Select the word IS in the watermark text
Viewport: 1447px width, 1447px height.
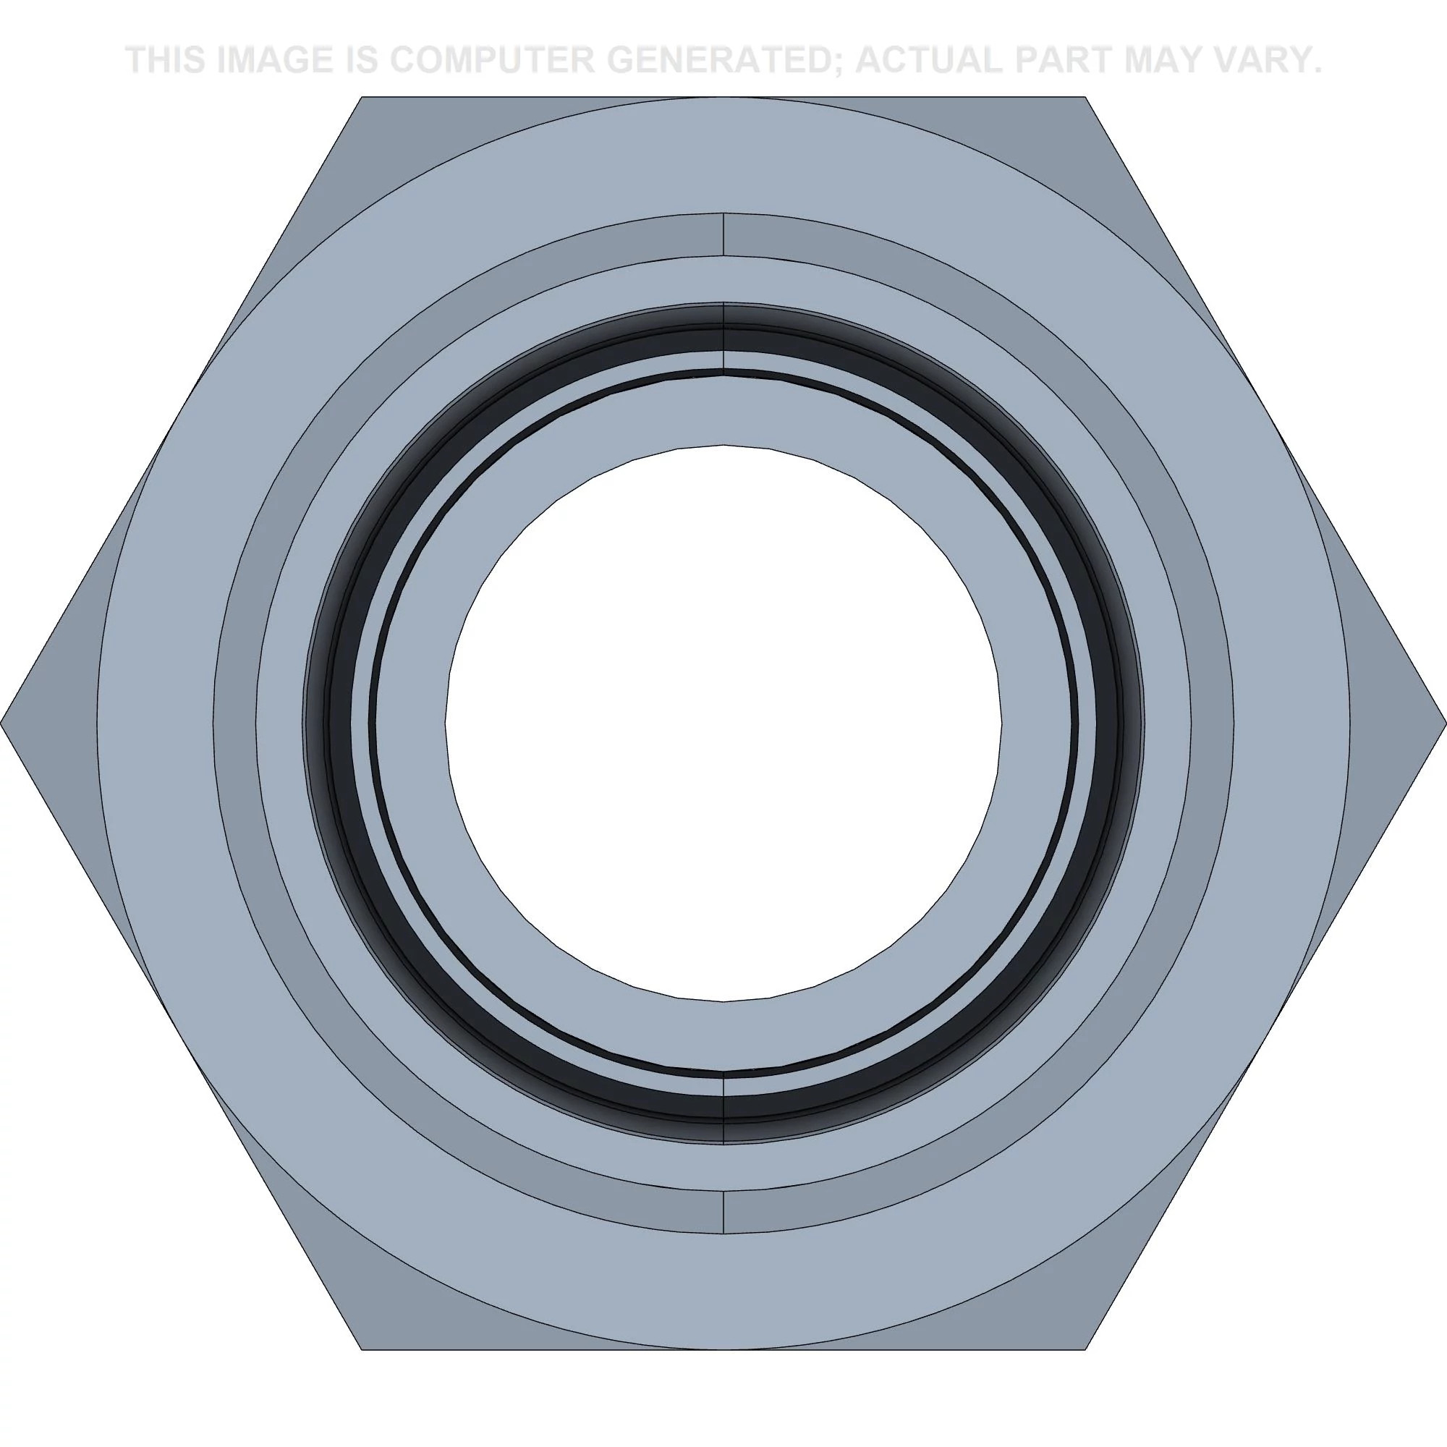pos(360,60)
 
